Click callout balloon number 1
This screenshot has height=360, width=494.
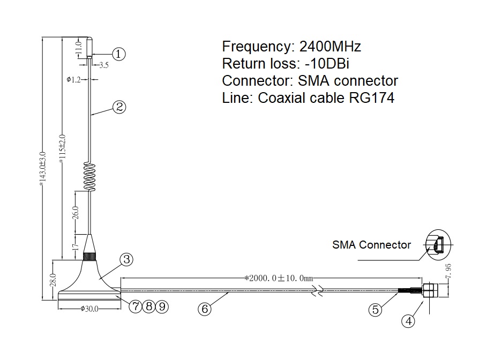[118, 54]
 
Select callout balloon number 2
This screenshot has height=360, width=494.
[119, 107]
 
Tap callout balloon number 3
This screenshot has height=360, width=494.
[126, 259]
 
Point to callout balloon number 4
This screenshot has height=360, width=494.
[408, 321]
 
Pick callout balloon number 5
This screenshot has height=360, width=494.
[375, 310]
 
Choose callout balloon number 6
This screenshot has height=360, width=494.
[205, 309]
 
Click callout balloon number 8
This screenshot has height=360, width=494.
[149, 306]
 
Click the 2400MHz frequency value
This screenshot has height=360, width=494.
[330, 47]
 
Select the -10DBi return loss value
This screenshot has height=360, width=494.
[327, 64]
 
